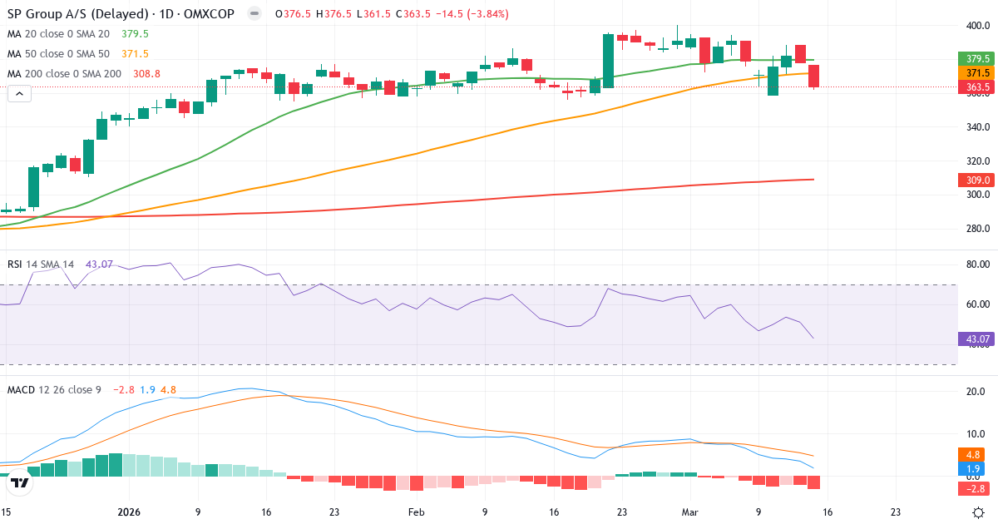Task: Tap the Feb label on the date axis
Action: [417, 512]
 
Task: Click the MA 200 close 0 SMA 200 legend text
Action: [64, 74]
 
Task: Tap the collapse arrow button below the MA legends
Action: [19, 94]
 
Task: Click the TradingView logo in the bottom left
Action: [20, 482]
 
